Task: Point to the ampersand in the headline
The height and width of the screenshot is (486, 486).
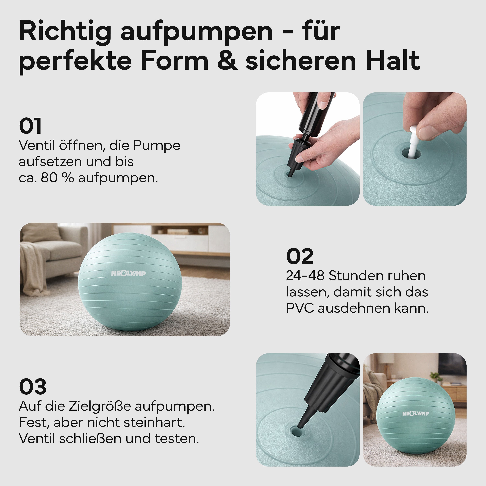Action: tap(227, 60)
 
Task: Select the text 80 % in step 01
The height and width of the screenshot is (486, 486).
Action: tap(57, 178)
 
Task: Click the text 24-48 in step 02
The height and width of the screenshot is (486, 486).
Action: tap(305, 276)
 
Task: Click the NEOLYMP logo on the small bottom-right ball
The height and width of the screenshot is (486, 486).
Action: tap(416, 414)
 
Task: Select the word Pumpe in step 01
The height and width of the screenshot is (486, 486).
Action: tap(156, 145)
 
